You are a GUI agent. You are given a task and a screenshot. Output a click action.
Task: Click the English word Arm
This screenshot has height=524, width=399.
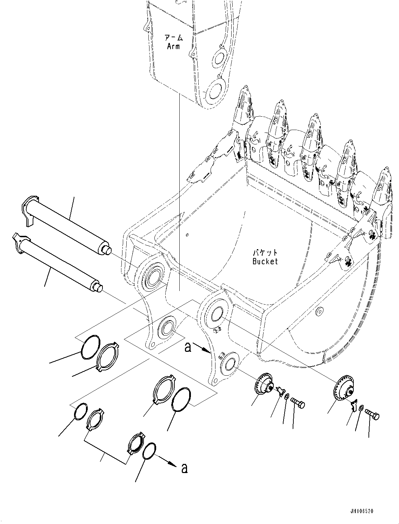tap(173, 46)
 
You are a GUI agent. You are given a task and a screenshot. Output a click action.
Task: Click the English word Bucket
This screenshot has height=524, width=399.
tap(265, 261)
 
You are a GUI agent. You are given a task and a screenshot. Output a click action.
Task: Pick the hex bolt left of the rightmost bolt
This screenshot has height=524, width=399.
tap(298, 403)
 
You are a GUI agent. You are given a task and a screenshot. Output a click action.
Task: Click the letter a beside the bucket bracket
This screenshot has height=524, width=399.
tap(188, 348)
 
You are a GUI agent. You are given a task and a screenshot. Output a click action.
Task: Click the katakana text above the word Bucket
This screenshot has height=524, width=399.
tap(265, 253)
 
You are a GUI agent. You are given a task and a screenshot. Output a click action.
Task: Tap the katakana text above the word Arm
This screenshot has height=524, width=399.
tap(174, 38)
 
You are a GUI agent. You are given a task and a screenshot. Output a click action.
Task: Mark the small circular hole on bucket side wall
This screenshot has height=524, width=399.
tap(319, 312)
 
